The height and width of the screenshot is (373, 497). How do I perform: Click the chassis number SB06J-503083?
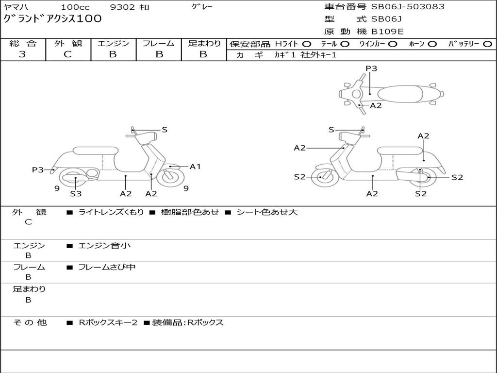point(408,7)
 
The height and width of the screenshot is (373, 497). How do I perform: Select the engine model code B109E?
point(387,32)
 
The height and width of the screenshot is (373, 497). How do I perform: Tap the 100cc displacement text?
point(75,7)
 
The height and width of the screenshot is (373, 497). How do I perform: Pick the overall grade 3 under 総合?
point(23,54)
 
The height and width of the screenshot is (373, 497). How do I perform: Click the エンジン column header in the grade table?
point(113,44)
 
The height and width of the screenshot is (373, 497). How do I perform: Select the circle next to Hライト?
point(307,44)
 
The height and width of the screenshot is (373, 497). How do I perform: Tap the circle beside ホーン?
point(432,44)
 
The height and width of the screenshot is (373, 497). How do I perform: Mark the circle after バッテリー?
point(487,44)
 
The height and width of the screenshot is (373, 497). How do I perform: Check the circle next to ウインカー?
point(393,44)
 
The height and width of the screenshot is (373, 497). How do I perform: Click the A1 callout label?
point(195,167)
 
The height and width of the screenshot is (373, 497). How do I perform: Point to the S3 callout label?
point(76,194)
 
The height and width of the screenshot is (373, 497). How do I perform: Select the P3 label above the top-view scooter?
point(371,68)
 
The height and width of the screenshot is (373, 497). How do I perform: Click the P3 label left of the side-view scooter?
point(38,170)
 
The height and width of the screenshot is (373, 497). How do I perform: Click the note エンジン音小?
point(104,246)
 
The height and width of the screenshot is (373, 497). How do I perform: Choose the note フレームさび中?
point(107,267)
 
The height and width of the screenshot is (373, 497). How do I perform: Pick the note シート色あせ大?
point(267,212)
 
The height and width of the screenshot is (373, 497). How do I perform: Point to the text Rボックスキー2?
point(108,322)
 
